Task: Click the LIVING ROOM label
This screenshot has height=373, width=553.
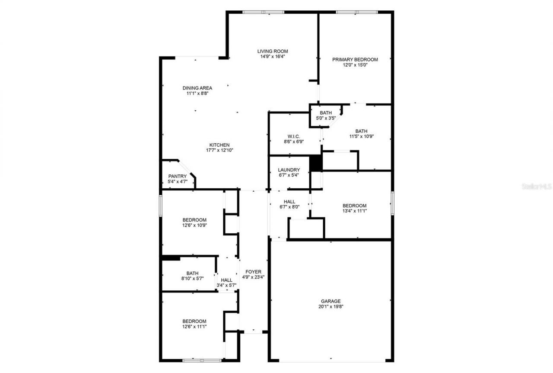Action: coord(273,51)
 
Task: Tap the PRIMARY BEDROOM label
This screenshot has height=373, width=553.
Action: coord(355,60)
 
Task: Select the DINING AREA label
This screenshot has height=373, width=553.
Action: coord(197,88)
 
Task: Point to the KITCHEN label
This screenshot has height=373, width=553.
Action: coord(219,145)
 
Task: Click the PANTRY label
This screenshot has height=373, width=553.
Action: coord(177,176)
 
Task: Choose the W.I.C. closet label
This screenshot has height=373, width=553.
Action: coord(294,136)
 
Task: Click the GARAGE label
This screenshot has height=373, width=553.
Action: coord(331,301)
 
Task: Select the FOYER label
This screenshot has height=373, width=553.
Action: coord(253,272)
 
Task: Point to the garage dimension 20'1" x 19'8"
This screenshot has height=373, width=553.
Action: coord(331,307)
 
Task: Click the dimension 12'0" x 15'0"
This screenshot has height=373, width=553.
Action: coord(355,65)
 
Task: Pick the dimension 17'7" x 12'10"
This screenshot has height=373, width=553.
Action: coord(219,151)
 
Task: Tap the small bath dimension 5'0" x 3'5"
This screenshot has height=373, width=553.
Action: coord(326,118)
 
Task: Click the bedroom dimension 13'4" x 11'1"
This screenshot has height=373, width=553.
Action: coord(354,211)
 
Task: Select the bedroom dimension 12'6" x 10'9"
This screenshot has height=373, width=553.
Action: coord(194,225)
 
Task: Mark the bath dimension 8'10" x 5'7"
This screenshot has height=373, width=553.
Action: coord(193,279)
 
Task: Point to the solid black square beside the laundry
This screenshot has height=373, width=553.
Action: coord(316,163)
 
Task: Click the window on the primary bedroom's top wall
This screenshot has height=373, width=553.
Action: coord(357,12)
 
